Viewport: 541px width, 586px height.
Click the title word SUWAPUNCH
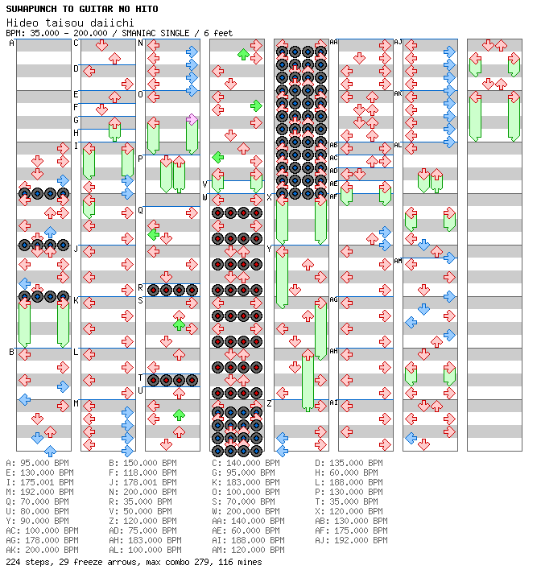tap(31, 9)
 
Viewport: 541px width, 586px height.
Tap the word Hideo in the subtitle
tap(21, 23)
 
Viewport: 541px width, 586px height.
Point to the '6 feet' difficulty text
tap(218, 33)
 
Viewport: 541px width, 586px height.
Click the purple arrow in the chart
tap(192, 119)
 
